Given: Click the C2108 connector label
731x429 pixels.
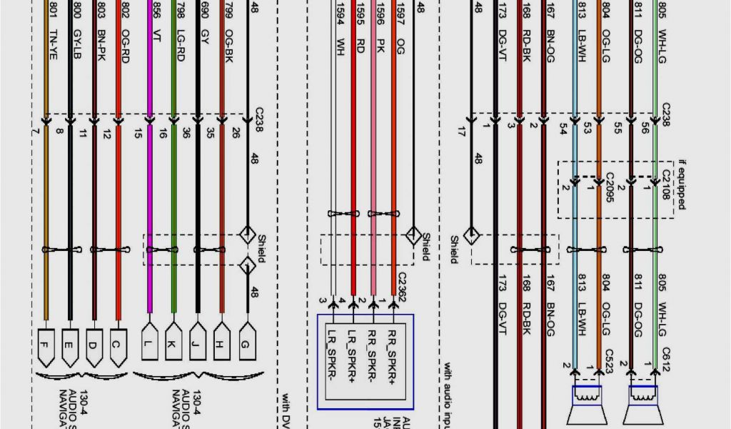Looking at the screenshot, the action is [666, 184].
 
